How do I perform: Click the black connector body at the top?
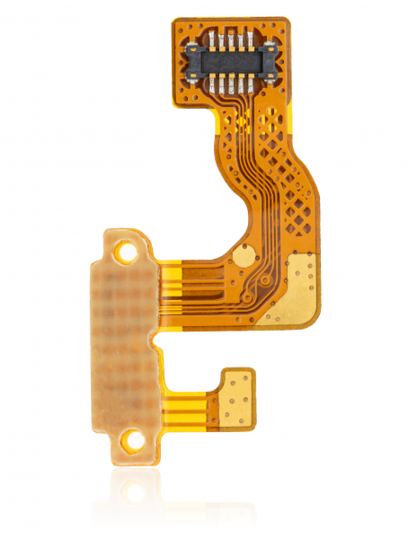click(x=229, y=61)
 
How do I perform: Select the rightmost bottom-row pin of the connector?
click(x=250, y=84)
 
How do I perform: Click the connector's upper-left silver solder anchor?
click(x=192, y=47)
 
